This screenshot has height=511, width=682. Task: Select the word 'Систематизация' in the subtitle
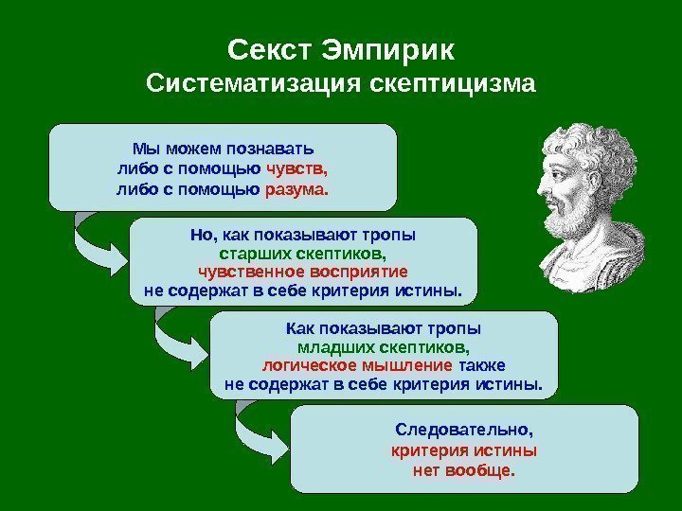(x=248, y=84)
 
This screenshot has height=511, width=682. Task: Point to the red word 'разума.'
(x=296, y=189)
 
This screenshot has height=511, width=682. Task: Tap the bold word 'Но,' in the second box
(x=204, y=237)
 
